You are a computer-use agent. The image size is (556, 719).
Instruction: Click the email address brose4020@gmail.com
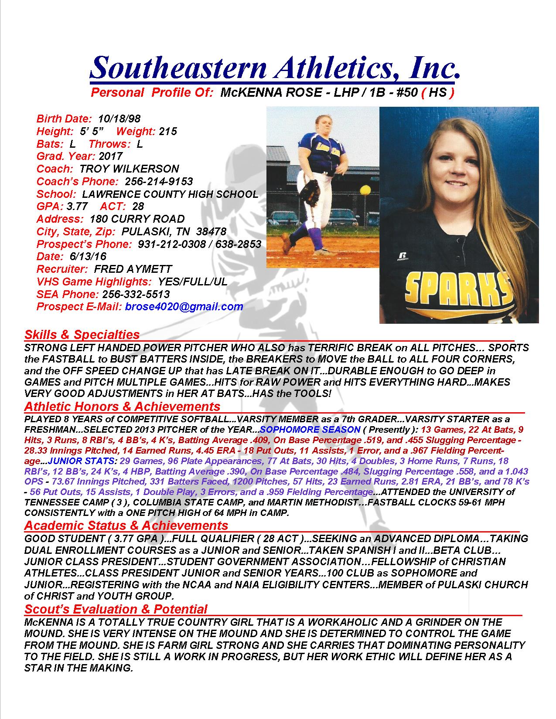click(x=184, y=306)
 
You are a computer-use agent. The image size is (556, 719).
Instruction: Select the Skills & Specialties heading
click(x=82, y=335)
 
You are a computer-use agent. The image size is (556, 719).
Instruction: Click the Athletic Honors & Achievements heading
click(x=122, y=407)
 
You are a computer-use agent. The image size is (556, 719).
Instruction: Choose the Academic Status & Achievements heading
click(x=126, y=525)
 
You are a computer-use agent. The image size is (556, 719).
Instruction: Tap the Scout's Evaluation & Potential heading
click(x=116, y=609)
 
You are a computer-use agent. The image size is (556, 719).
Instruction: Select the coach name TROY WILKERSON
click(x=129, y=169)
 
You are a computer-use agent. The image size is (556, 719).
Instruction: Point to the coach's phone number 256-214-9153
click(x=159, y=181)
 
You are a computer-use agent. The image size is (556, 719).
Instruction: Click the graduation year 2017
click(x=111, y=156)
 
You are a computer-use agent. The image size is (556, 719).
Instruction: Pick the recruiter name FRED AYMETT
click(x=133, y=269)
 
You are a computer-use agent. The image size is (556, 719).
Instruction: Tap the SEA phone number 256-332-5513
click(x=136, y=294)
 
